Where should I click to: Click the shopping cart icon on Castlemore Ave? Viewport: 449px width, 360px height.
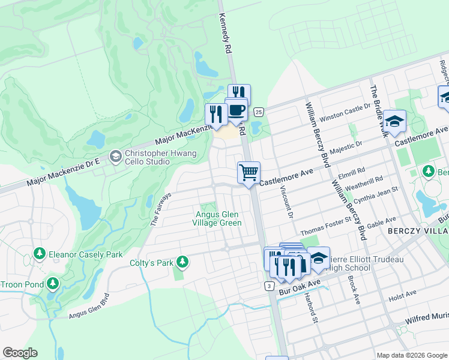(249, 173)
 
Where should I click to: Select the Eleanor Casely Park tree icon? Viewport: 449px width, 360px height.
(40, 254)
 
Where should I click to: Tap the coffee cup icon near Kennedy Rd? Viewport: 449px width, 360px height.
(237, 110)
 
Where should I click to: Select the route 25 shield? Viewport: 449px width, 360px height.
(258, 112)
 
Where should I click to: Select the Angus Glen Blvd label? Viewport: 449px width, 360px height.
(89, 306)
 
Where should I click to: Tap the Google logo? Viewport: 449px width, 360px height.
(20, 353)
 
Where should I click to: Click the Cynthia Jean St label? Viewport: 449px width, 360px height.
(376, 194)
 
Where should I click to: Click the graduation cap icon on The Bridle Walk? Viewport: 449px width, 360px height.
(395, 122)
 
